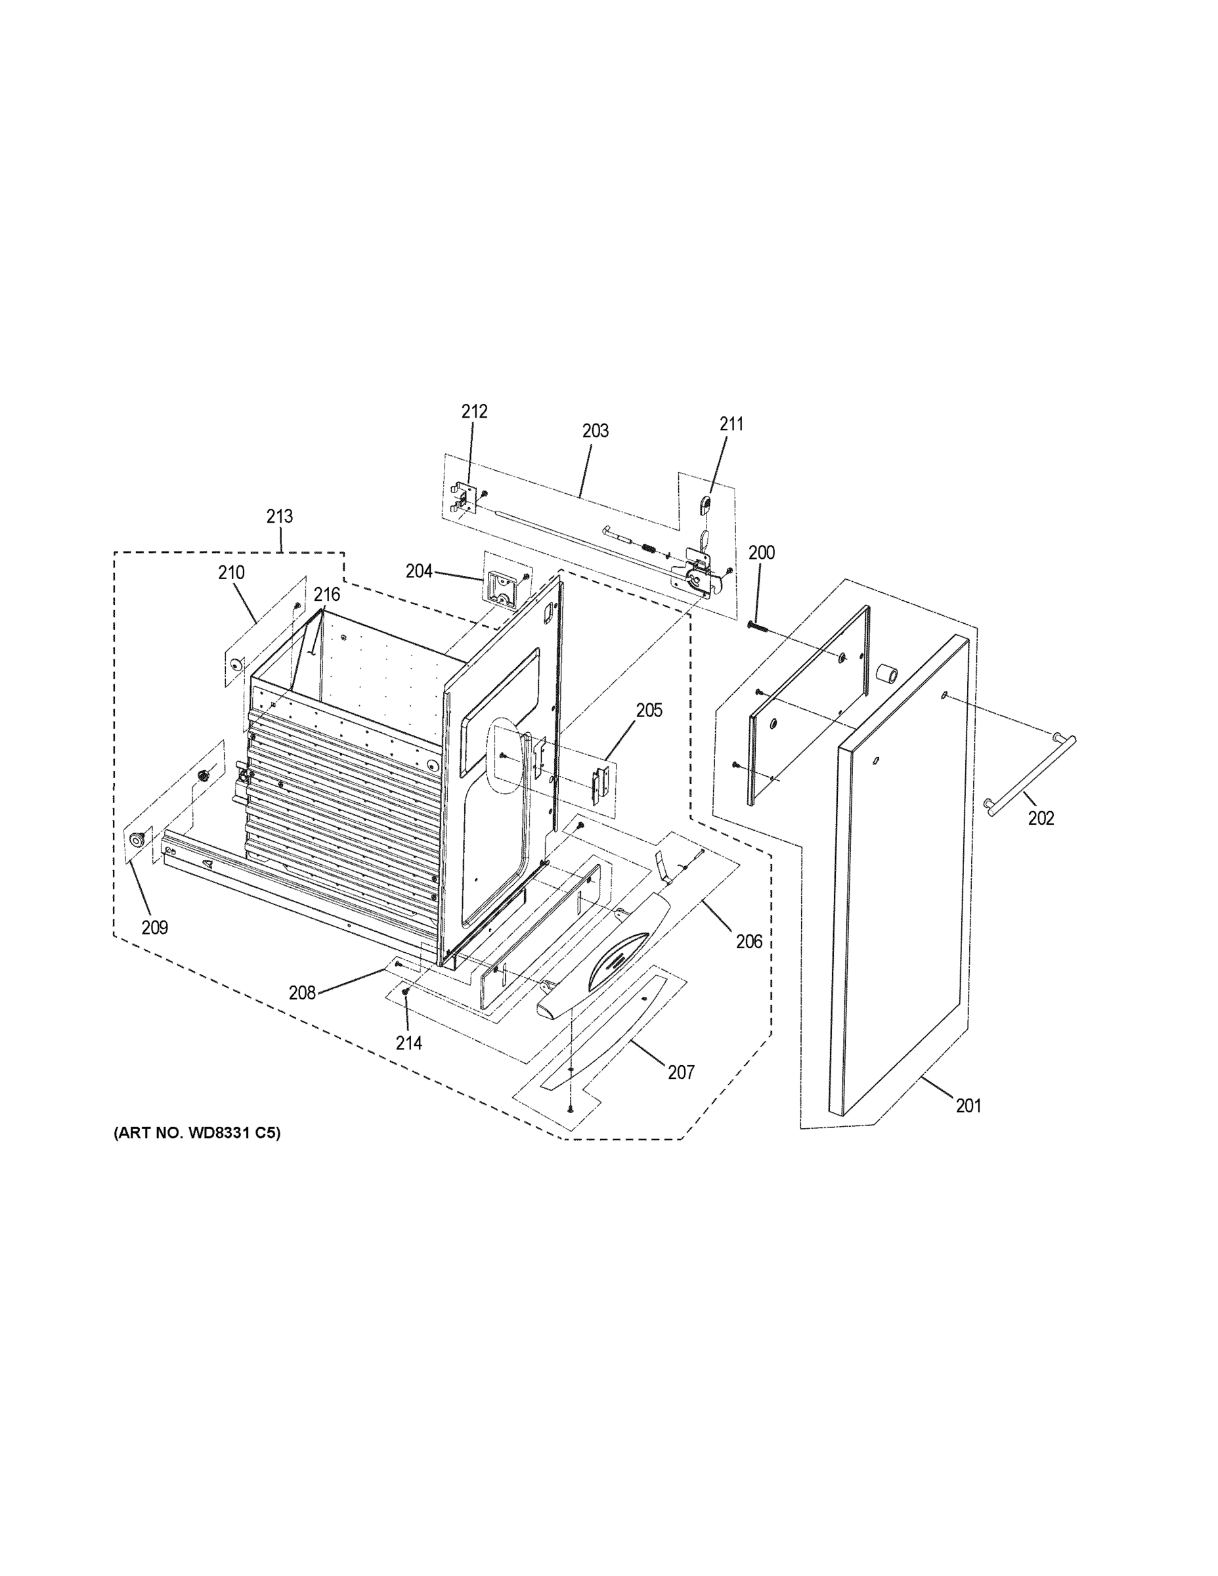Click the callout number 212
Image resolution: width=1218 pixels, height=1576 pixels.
474,411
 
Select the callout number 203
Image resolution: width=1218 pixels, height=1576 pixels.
596,431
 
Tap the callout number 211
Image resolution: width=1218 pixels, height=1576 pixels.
731,424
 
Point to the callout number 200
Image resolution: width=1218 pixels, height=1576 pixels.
761,553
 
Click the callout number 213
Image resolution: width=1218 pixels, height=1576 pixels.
279,516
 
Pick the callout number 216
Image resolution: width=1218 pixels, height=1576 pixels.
326,594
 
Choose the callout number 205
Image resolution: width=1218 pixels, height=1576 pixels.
649,710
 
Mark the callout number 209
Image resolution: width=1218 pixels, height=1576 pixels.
154,927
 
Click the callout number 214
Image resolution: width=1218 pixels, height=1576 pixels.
408,1043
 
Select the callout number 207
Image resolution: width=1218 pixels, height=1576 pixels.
680,1072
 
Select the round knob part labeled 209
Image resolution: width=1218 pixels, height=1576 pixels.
136,838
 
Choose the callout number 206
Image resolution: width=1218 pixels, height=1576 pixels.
749,941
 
